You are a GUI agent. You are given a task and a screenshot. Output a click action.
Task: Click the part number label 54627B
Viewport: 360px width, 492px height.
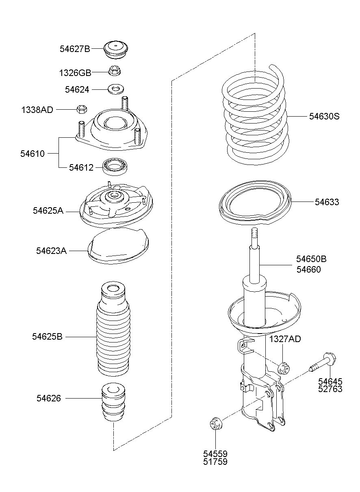click(75, 49)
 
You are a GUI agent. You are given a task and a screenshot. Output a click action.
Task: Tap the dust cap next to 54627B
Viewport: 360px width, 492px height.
click(116, 50)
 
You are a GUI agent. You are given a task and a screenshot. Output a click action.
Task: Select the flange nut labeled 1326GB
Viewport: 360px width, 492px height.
click(115, 71)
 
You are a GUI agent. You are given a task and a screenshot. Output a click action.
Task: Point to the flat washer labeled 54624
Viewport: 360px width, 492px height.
click(116, 89)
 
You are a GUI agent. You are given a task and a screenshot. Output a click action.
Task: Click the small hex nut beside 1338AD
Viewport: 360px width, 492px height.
click(82, 109)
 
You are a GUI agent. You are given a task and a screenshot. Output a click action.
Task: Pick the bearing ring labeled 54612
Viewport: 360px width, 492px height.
click(115, 167)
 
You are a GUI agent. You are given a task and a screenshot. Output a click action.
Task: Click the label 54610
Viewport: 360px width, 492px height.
click(33, 154)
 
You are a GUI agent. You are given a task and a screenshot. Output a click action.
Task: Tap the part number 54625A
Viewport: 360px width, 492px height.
click(48, 210)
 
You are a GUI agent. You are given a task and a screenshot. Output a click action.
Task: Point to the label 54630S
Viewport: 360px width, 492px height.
click(324, 116)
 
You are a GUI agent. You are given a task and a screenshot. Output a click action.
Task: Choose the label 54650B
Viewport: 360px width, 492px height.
click(311, 259)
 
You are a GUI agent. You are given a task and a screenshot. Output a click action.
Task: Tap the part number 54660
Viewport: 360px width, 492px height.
click(309, 269)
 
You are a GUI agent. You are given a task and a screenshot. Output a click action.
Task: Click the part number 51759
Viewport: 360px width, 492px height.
click(215, 462)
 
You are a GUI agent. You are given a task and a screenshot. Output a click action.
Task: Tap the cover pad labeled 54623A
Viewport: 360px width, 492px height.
click(118, 246)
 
